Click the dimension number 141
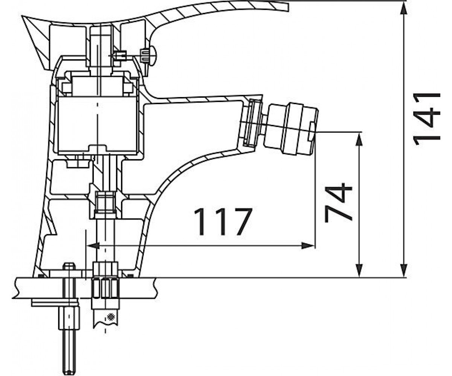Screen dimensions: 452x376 (x=426, y=120)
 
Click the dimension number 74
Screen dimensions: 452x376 (x=338, y=202)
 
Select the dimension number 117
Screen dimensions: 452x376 (x=223, y=222)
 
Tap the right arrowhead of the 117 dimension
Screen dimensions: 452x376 (x=308, y=246)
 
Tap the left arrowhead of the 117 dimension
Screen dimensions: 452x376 (x=93, y=246)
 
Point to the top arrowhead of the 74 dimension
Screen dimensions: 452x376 (x=359, y=139)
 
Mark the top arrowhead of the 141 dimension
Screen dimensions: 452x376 (x=404, y=8)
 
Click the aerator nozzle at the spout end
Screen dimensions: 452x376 (x=291, y=129)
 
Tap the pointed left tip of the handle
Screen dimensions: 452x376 (x=22, y=17)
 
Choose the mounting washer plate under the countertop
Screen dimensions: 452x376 (x=55, y=303)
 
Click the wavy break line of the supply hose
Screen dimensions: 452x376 (x=105, y=324)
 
